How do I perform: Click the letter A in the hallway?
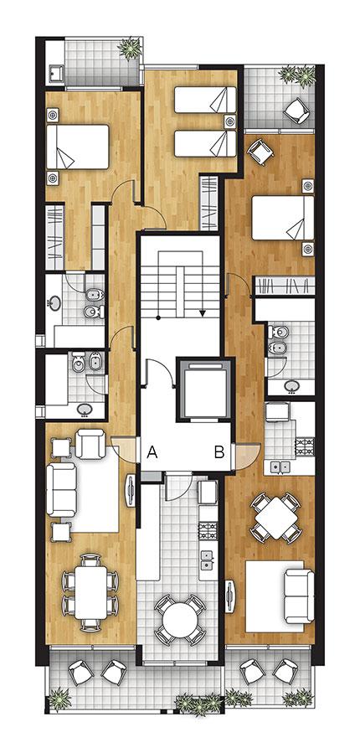click(152, 451)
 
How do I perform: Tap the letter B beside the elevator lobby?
click(219, 452)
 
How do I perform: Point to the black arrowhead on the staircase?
click(203, 313)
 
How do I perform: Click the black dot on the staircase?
click(158, 317)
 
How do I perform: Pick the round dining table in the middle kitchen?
click(180, 620)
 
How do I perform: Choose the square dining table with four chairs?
click(276, 518)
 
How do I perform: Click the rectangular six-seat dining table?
click(90, 591)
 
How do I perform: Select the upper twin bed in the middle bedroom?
click(205, 100)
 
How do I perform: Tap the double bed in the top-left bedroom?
click(77, 147)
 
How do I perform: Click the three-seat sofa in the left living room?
click(61, 490)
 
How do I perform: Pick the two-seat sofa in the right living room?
click(299, 595)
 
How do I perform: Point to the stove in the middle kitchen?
click(208, 530)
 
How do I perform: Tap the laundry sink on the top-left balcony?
click(56, 74)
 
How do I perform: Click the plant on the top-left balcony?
click(130, 48)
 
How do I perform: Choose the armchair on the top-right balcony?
click(296, 111)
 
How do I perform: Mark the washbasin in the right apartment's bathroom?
click(291, 385)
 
